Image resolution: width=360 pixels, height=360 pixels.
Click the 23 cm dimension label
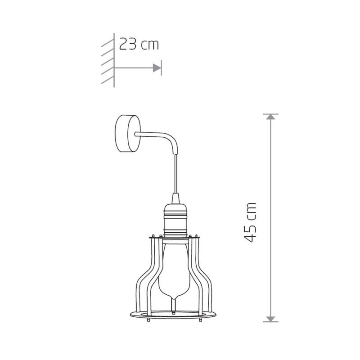pyautogui.click(x=139, y=44)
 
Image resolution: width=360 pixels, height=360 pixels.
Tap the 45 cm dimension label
pyautogui.click(x=250, y=222)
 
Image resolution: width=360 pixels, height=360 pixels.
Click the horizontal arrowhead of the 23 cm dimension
pyautogui.click(x=157, y=68)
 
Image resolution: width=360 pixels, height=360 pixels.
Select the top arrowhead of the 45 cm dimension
pyautogui.click(x=270, y=117)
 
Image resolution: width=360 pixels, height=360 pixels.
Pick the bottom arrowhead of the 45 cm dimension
pyautogui.click(x=270, y=319)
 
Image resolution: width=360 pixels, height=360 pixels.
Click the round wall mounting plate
pyautogui.click(x=128, y=133)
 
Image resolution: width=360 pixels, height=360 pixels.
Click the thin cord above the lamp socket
pyautogui.click(x=175, y=173)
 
